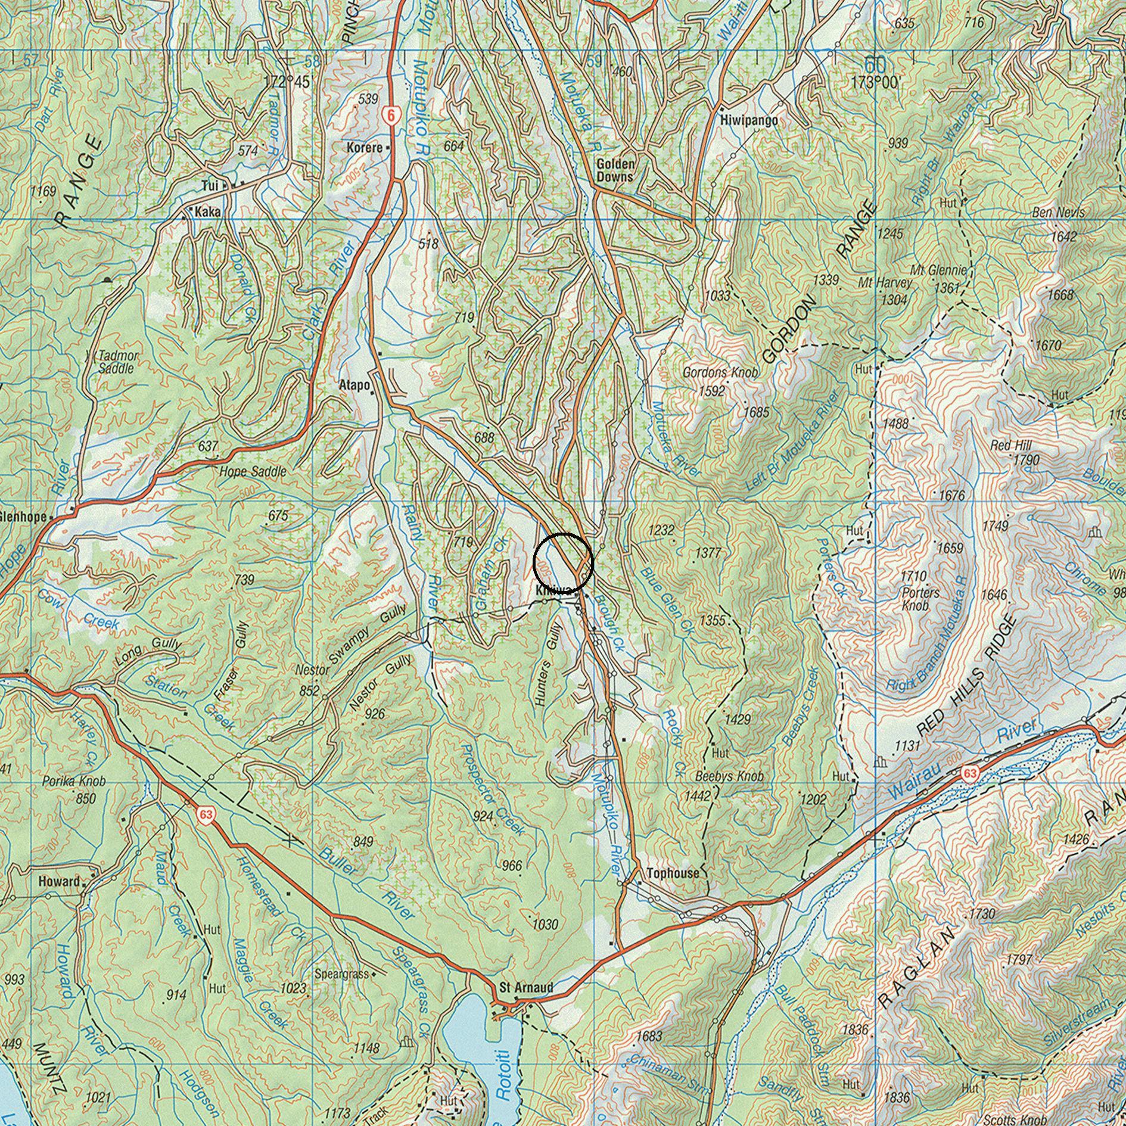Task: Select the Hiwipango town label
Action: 749,121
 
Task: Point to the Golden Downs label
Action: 615,170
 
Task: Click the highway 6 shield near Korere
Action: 390,115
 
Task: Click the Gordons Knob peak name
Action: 720,373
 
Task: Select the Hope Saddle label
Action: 253,472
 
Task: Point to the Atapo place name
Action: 354,385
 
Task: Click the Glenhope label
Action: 24,517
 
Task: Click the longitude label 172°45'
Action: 288,82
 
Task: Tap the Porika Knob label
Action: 74,781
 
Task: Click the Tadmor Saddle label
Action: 117,362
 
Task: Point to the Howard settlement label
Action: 58,881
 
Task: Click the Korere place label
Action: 365,147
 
